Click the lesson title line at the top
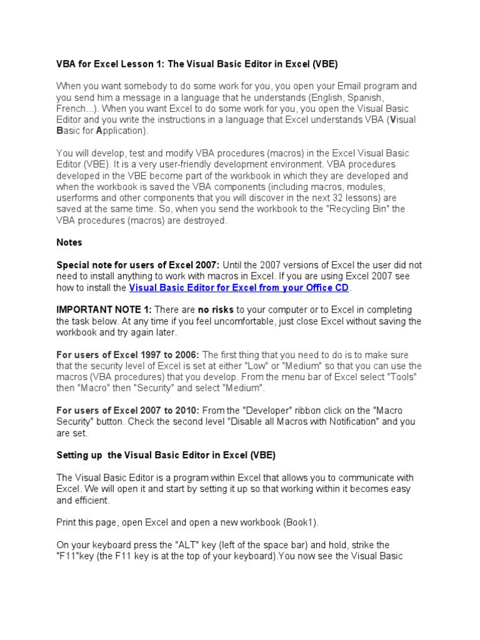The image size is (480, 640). [197, 64]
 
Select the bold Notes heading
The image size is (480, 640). [69, 242]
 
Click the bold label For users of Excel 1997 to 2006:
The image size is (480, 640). [128, 354]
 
